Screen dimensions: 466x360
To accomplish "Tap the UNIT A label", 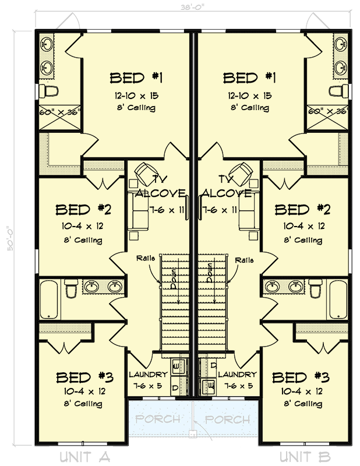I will [86, 455].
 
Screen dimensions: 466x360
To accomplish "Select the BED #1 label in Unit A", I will [139, 78].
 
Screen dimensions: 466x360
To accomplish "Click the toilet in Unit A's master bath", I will [49, 91].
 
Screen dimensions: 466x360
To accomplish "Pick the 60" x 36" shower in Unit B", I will [329, 111].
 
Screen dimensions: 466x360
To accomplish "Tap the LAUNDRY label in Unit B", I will [237, 375].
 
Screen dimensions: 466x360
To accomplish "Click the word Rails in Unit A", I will [145, 258].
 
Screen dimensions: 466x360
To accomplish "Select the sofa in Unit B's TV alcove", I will [247, 210].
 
